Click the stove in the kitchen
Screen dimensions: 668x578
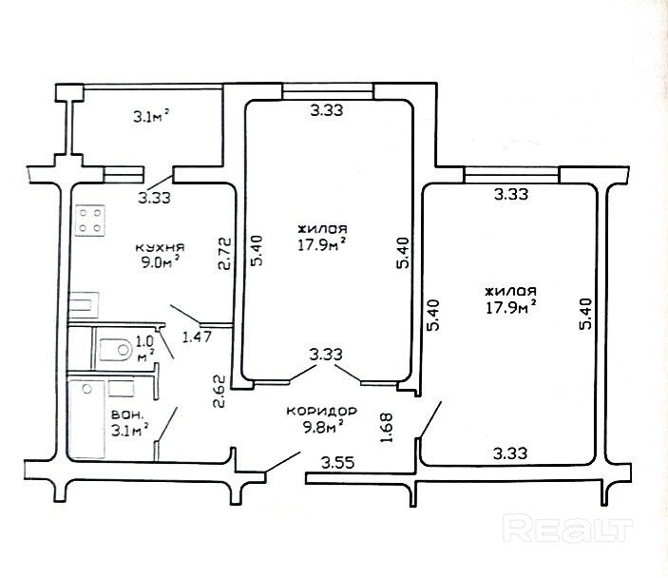tap(90, 221)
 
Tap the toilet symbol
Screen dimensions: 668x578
tap(114, 350)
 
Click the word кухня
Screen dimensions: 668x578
tap(160, 247)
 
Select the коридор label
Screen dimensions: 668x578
tap(321, 412)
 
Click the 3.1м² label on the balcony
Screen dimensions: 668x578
tap(152, 116)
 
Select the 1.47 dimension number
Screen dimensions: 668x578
tap(197, 337)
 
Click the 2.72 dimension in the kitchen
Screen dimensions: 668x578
tap(224, 254)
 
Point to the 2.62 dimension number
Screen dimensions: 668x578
tap(219, 392)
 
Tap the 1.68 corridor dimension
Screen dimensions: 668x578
tap(387, 428)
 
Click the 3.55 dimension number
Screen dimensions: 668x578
tap(338, 463)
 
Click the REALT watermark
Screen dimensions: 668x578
tap(567, 528)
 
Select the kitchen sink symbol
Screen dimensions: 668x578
tap(84, 305)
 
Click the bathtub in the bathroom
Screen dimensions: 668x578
tap(86, 419)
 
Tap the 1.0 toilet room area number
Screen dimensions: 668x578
tap(144, 341)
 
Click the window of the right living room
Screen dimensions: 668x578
tap(511, 175)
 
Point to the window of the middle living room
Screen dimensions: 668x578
tap(328, 91)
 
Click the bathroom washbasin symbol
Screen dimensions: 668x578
tap(122, 388)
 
